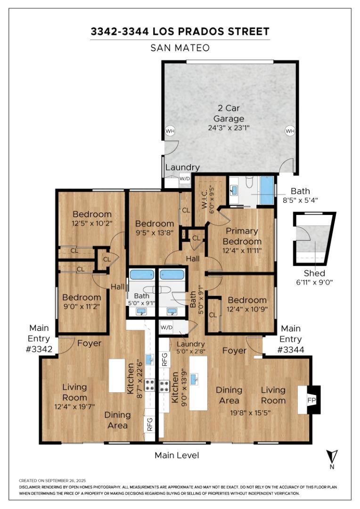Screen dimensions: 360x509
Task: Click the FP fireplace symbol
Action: pos(311,400)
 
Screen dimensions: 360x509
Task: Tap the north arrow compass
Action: pos(333,459)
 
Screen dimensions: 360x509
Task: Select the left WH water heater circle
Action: pos(170,131)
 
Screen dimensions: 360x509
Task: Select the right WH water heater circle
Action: pos(290,131)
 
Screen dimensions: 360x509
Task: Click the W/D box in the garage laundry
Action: pos(185,179)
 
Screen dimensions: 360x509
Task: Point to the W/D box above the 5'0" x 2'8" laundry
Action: pos(166,327)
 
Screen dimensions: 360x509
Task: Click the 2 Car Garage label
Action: pos(229,113)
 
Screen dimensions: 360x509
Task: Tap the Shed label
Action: pos(314,273)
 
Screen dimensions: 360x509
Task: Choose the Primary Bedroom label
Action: pos(242,236)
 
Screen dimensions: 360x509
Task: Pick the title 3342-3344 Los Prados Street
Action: pos(180,32)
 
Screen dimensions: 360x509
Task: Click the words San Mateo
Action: pos(180,48)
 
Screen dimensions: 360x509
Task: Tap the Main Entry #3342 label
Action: pos(39,338)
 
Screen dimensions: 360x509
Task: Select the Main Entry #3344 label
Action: pos(291,339)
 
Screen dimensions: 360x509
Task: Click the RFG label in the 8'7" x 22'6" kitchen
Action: pos(150,425)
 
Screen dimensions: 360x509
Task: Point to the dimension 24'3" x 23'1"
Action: pos(229,128)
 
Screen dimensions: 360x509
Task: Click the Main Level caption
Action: pos(177,455)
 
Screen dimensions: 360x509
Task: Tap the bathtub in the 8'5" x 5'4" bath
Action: pos(267,190)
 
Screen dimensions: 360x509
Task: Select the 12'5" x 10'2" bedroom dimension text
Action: pos(91,224)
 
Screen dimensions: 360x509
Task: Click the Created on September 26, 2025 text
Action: pos(52,480)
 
